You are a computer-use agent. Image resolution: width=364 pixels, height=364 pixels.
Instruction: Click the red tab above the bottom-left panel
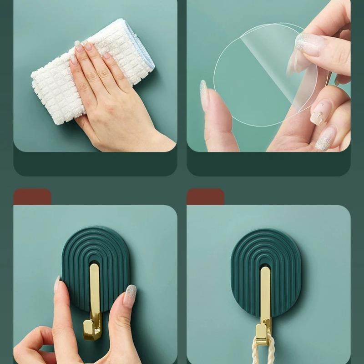(x=32, y=197)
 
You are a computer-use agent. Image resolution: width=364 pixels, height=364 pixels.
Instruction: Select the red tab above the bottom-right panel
(x=205, y=197)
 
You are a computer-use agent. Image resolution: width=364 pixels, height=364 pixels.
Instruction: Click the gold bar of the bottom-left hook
(x=95, y=291)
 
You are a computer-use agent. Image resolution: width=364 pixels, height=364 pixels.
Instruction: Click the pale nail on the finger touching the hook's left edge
(x=57, y=284)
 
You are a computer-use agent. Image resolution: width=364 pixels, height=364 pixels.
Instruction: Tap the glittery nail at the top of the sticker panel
(x=309, y=43)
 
